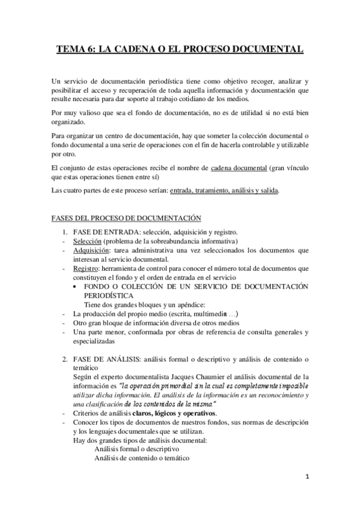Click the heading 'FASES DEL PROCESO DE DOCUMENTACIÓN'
click(x=126, y=217)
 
